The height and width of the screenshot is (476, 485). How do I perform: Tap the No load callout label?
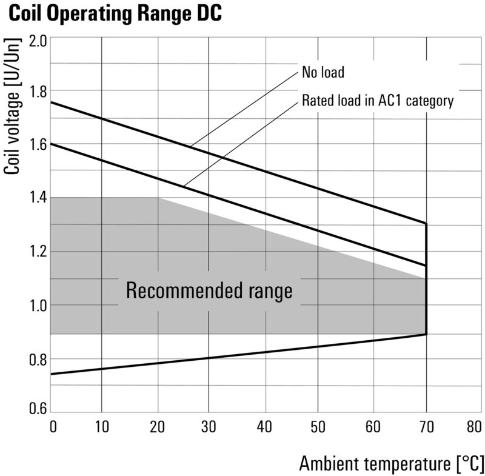click(x=323, y=73)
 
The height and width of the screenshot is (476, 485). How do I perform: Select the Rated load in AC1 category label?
click(x=377, y=101)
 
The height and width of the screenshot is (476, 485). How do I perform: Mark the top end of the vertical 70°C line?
click(x=426, y=224)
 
